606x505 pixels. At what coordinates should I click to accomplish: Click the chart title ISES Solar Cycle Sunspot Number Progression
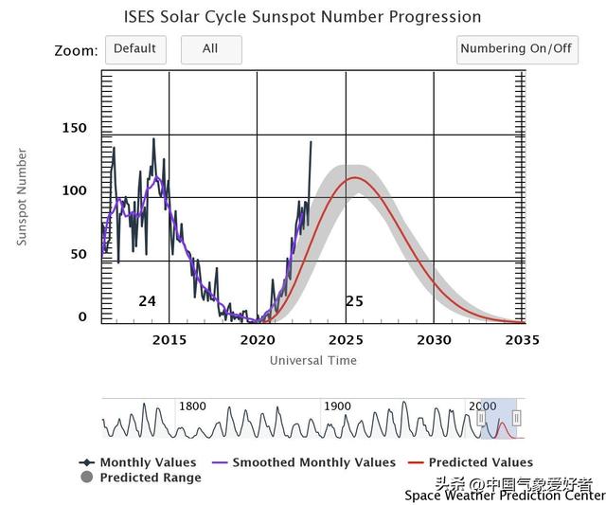tap(303, 17)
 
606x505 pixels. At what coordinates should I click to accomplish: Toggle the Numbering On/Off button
tap(517, 49)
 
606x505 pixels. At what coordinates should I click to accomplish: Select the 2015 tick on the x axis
tap(169, 340)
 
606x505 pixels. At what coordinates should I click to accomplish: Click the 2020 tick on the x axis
tap(258, 340)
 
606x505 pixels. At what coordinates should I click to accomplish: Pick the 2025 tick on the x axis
tap(346, 340)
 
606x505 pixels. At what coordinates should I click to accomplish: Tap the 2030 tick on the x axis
tap(434, 340)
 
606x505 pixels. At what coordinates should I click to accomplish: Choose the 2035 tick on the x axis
tap(522, 340)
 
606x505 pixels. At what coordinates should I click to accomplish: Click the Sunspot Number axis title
tap(22, 197)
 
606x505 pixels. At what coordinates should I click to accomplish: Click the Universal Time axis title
tap(313, 360)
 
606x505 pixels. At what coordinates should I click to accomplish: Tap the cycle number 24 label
tap(147, 301)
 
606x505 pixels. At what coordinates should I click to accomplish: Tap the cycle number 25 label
tap(354, 301)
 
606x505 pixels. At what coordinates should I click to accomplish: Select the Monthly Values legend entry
tap(148, 462)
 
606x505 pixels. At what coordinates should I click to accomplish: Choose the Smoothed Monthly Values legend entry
tap(313, 462)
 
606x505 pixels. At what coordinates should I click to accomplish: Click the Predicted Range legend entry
tap(151, 478)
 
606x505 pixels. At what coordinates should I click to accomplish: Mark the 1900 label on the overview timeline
tap(337, 406)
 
